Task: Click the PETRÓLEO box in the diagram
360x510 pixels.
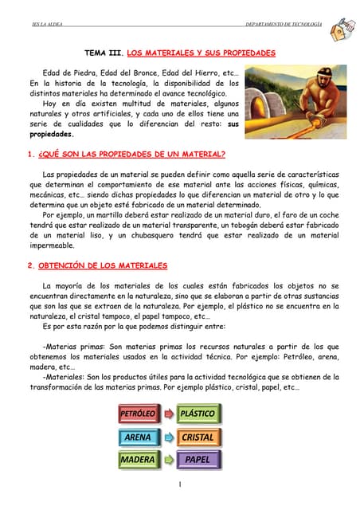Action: pyautogui.click(x=137, y=415)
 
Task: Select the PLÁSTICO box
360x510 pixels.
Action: pyautogui.click(x=198, y=415)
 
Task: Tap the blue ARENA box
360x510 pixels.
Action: pyautogui.click(x=137, y=437)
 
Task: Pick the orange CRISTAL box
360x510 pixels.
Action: pyautogui.click(x=198, y=437)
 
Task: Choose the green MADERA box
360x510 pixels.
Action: pyautogui.click(x=137, y=460)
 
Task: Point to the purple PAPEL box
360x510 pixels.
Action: pyautogui.click(x=198, y=460)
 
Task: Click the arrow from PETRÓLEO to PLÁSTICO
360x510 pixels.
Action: pyautogui.click(x=168, y=415)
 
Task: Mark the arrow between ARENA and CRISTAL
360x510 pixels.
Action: pyautogui.click(x=168, y=437)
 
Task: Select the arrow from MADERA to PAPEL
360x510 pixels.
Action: pyautogui.click(x=168, y=460)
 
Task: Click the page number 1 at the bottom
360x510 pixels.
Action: pyautogui.click(x=180, y=484)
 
